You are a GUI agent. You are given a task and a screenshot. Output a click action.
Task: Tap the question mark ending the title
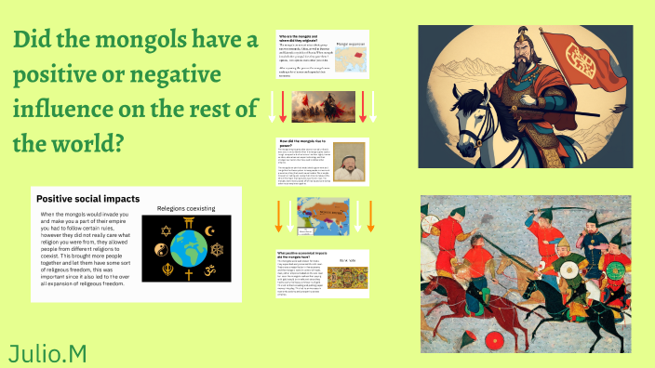click(x=117, y=145)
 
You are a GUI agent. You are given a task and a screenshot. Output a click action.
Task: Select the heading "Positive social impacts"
click(x=87, y=199)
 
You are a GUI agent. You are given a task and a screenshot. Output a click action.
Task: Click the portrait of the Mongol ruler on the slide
click(x=350, y=165)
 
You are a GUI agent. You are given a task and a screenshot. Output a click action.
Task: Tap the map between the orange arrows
click(x=324, y=219)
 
